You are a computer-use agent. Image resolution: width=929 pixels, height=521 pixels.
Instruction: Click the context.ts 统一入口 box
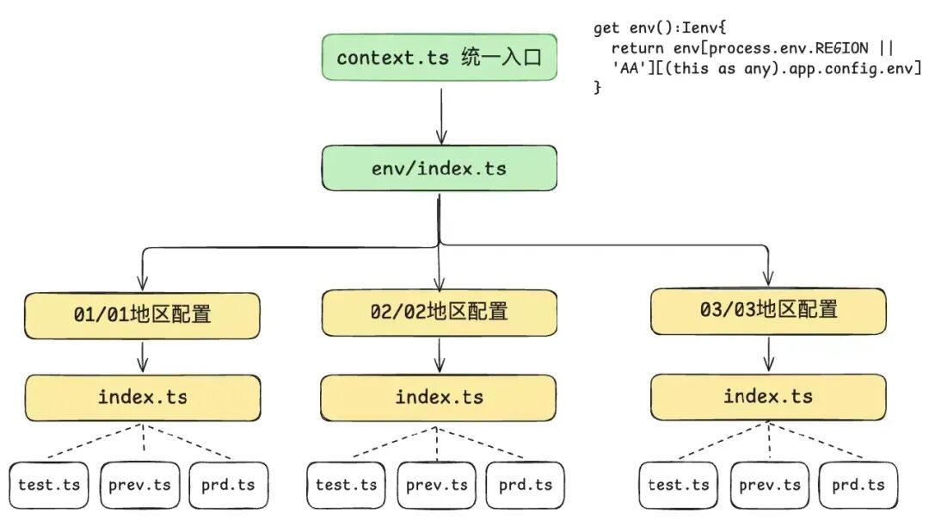tap(439, 57)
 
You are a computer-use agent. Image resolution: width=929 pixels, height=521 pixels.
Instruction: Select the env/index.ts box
tap(439, 168)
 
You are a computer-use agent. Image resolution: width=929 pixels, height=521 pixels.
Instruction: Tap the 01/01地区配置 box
tap(142, 315)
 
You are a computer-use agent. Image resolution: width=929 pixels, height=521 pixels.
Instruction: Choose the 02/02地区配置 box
tap(439, 313)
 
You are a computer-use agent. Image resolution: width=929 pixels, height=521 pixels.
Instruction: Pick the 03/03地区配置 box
tap(768, 311)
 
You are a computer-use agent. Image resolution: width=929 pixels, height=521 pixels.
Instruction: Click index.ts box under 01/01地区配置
tap(142, 398)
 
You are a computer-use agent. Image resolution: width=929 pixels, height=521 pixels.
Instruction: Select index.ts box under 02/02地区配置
tap(439, 398)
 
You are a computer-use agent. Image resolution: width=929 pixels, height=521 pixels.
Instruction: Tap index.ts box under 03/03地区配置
tap(768, 396)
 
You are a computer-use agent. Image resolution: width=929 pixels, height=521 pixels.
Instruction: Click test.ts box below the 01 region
tap(48, 486)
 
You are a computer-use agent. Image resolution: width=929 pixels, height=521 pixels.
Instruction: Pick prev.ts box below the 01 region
tap(140, 486)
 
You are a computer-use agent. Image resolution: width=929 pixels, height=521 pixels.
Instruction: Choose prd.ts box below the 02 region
tap(526, 486)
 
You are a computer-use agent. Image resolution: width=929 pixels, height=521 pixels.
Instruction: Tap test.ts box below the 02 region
tap(346, 486)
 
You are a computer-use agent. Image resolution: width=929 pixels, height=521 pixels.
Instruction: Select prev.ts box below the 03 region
tap(770, 486)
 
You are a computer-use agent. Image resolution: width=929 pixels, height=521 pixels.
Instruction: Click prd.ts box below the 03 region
tap(858, 486)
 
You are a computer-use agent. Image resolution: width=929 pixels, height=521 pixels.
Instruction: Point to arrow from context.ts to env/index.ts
tap(441, 116)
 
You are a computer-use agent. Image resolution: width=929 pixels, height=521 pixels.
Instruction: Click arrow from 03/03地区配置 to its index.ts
tap(769, 354)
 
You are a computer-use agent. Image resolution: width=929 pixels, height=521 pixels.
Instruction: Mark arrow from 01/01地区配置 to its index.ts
tap(142, 357)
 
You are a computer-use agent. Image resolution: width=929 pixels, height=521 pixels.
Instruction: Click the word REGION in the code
tap(842, 48)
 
